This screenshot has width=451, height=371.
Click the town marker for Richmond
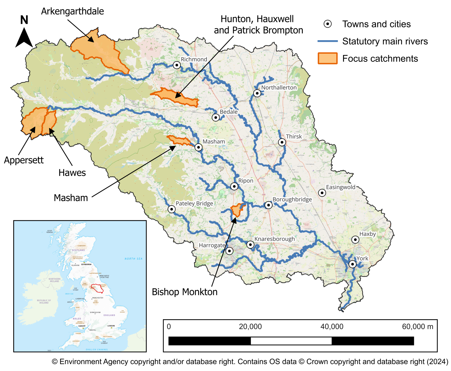(177, 65)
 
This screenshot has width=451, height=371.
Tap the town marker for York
(353, 264)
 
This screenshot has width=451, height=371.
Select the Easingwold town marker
(322, 193)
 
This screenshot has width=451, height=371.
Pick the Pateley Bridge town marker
(172, 209)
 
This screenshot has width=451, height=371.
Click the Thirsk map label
(294, 136)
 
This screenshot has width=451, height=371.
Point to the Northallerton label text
(279, 88)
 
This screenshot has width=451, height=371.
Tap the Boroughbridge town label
(292, 199)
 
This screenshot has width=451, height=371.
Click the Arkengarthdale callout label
(72, 11)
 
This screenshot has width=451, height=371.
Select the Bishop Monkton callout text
(185, 292)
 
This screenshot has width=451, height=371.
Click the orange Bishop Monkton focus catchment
(237, 210)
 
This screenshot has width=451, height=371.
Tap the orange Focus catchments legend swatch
(327, 58)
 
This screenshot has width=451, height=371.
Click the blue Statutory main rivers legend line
(327, 41)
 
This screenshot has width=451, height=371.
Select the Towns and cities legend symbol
(327, 24)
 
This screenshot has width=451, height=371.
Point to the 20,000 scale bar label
(250, 327)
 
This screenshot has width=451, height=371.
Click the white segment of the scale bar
(291, 341)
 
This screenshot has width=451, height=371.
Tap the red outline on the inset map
(97, 288)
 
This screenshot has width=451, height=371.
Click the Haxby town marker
(355, 240)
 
